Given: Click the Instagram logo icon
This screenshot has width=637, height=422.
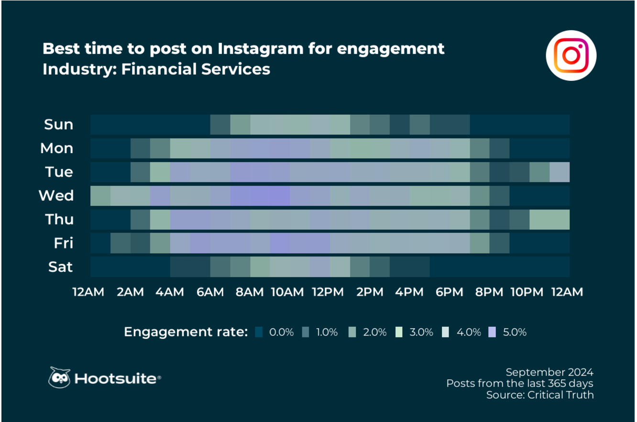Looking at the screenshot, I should pos(571,55).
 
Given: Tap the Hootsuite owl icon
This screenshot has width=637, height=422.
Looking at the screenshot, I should pos(59,378).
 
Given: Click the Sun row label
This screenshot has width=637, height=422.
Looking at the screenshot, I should pos(58,124).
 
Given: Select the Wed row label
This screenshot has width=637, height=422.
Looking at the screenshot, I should pos(56,196).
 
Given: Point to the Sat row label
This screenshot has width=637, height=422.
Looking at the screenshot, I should pos(60,267).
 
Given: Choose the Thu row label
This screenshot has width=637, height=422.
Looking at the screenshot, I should pos(59,219).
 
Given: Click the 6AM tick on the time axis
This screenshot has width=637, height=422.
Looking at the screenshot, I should pos(210,292).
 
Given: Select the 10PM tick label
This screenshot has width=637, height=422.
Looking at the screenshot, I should pos(526,292).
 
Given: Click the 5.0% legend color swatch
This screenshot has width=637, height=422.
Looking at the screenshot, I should pos(492,332).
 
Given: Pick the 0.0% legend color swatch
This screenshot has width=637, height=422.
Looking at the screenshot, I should pos(259,332).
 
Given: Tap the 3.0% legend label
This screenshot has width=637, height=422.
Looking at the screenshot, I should pos(421,332).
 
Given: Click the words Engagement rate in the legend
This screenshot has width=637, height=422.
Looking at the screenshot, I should pos(186,332).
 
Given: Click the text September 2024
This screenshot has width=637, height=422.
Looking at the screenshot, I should pos(549,372).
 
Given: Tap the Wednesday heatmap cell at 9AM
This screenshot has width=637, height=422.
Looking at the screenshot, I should pos(280,196).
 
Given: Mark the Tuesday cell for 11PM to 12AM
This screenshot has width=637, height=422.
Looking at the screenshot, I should pos(560,172).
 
